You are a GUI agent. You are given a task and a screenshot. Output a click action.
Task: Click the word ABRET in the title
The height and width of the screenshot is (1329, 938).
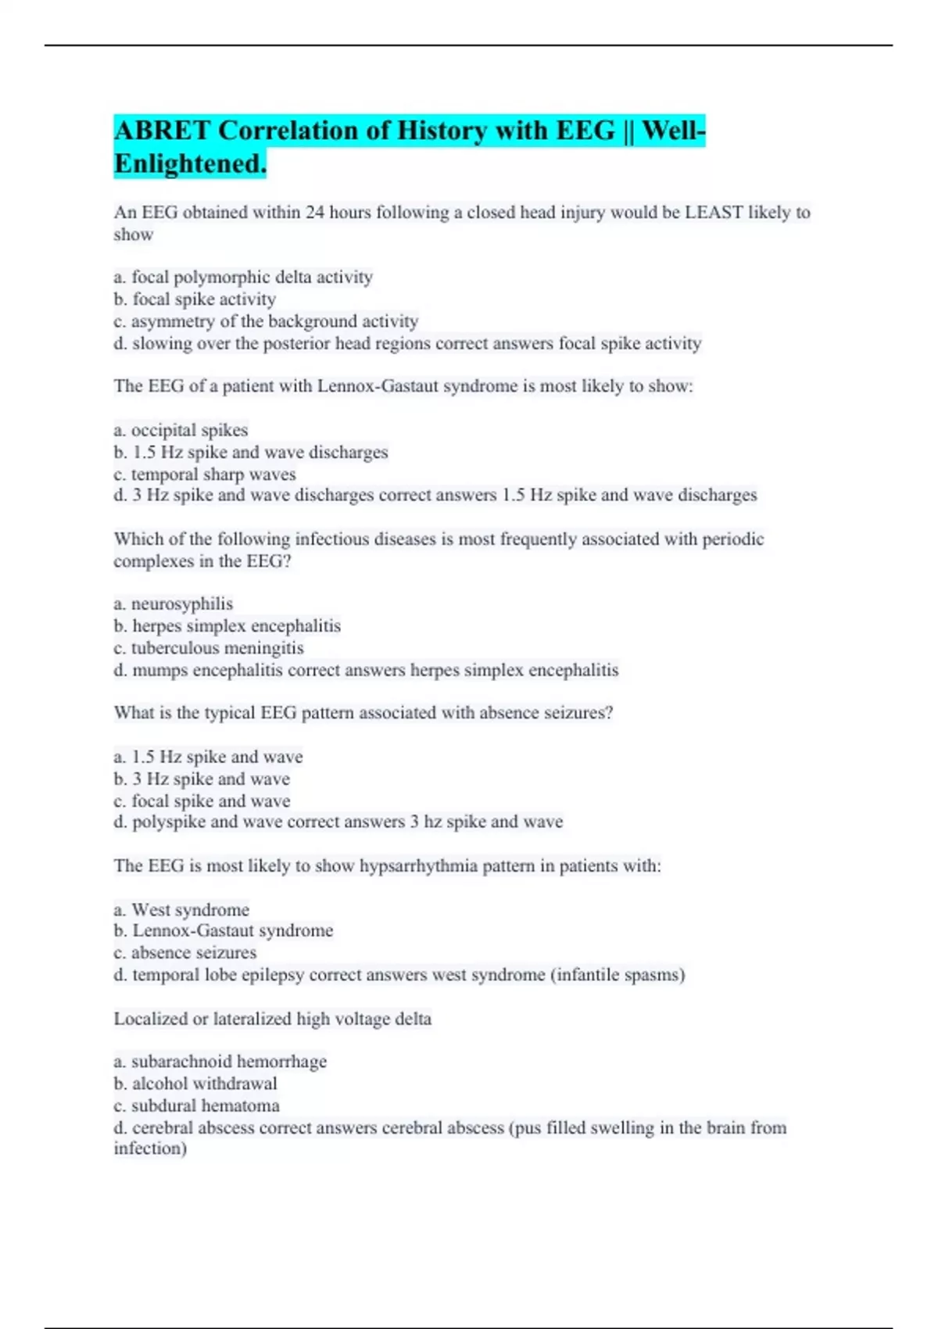[x=162, y=131]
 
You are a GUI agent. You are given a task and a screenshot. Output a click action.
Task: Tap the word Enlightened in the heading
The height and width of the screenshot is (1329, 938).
[x=190, y=164]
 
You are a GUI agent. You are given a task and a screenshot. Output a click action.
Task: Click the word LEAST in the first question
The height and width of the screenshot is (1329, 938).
[x=713, y=213]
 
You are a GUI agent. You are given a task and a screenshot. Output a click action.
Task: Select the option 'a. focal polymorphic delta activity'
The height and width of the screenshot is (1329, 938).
[x=243, y=277]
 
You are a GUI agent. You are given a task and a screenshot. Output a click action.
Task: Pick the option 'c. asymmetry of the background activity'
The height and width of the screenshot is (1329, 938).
[x=266, y=321]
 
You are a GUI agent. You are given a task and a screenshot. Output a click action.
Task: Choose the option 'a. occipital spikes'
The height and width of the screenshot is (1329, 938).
[x=181, y=430]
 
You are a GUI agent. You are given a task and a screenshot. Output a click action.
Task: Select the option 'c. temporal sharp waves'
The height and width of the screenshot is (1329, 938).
[x=205, y=475]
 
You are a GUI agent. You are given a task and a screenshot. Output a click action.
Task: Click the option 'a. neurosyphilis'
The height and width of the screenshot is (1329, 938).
[x=173, y=604]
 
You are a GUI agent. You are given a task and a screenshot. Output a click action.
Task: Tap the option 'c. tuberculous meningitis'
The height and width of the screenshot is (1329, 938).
[x=208, y=648]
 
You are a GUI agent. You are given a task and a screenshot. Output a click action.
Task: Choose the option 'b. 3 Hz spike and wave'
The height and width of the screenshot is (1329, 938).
[x=202, y=779]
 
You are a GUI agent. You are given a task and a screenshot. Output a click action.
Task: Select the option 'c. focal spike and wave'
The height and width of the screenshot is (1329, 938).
[x=202, y=801]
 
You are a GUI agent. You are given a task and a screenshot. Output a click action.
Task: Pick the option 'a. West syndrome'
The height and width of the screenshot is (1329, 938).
[x=181, y=910]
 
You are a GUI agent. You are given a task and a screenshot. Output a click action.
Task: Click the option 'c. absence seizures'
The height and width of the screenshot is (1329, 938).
[x=184, y=953]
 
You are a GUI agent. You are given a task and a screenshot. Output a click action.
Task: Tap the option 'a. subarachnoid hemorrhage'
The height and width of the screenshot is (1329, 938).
[x=220, y=1062]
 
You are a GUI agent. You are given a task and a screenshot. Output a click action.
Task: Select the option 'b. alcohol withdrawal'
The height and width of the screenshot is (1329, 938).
[x=195, y=1084]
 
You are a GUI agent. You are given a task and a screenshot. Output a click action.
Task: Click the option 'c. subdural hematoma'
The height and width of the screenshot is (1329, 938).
[x=196, y=1105]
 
